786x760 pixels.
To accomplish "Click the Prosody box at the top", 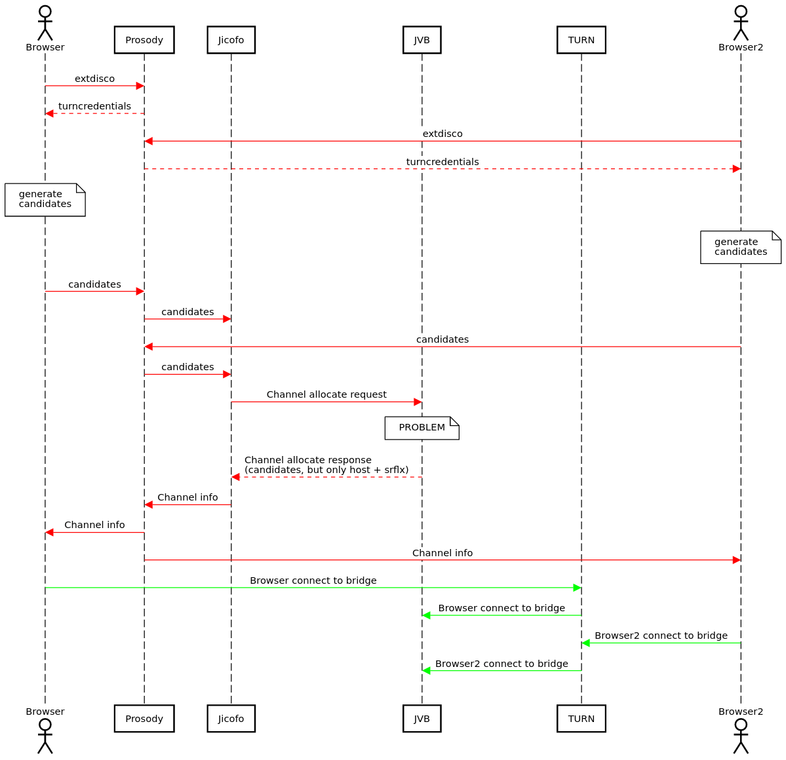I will click(x=144, y=40).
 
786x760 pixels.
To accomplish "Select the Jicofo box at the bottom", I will click(x=231, y=718).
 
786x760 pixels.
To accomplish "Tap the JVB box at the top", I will click(x=422, y=40).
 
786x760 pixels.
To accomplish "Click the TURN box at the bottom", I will click(x=581, y=718).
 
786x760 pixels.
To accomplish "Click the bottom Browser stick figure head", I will click(x=45, y=724).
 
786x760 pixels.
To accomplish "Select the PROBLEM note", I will click(x=422, y=428).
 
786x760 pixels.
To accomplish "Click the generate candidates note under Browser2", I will click(x=740, y=247).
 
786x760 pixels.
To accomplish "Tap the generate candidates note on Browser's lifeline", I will click(x=45, y=199).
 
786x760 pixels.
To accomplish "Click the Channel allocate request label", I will click(x=326, y=394).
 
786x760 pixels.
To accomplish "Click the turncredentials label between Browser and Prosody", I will click(x=94, y=106).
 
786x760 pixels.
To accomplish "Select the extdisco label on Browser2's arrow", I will click(x=442, y=134).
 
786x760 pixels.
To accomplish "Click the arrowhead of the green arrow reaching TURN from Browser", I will click(x=577, y=588).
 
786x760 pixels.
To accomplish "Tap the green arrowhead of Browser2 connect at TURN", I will click(x=586, y=643).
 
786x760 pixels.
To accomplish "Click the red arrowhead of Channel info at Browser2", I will click(x=736, y=560).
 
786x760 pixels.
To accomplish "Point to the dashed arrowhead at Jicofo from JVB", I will click(x=236, y=477).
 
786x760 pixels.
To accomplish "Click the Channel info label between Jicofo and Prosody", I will click(x=187, y=497).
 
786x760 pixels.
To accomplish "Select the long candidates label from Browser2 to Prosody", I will click(x=442, y=339).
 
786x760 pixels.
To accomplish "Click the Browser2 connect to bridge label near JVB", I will click(x=501, y=664).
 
